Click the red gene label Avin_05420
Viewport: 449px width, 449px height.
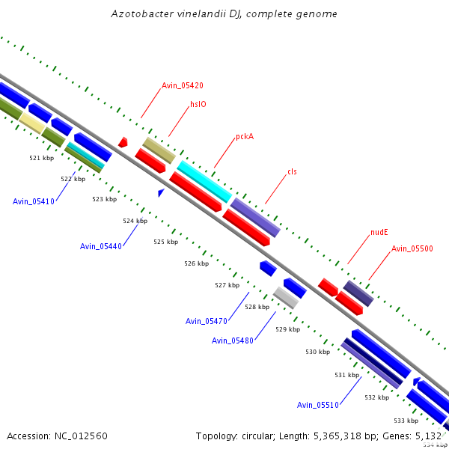pyautogui.click(x=183, y=85)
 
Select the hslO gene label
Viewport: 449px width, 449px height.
pyautogui.click(x=198, y=105)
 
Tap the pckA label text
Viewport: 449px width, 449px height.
pyautogui.click(x=245, y=137)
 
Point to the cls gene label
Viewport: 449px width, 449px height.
pyautogui.click(x=292, y=172)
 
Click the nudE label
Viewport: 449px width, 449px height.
pyautogui.click(x=379, y=232)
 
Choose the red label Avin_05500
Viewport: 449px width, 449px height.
pyautogui.click(x=412, y=248)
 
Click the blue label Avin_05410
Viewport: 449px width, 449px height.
pyautogui.click(x=34, y=201)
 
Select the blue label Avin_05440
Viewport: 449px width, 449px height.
pyautogui.click(x=101, y=246)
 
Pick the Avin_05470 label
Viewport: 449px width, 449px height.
pyautogui.click(x=207, y=321)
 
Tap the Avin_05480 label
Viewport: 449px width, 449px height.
pyautogui.click(x=233, y=340)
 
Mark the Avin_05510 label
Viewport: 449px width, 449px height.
pyautogui.click(x=318, y=405)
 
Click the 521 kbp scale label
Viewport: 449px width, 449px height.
pyautogui.click(x=42, y=159)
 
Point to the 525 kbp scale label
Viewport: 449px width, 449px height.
pyautogui.click(x=165, y=242)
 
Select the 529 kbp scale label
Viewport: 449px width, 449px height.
pyautogui.click(x=287, y=329)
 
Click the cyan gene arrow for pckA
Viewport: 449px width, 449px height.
pyautogui.click(x=204, y=181)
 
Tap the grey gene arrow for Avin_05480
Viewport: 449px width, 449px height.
pyautogui.click(x=285, y=297)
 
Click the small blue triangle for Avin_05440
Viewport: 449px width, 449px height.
pyautogui.click(x=160, y=193)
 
